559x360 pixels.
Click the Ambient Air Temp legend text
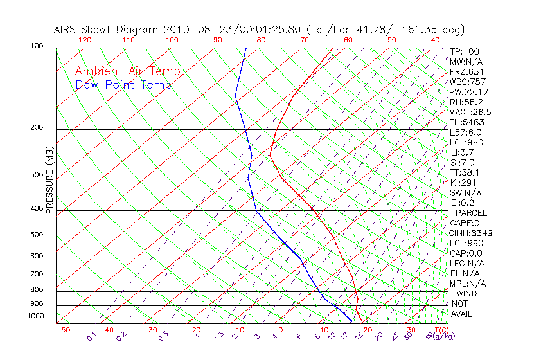tap(128, 71)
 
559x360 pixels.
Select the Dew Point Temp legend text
tap(123, 85)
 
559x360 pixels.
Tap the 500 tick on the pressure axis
tap(37, 235)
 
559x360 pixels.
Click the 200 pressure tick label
tap(37, 127)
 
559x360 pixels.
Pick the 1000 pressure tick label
tap(35, 316)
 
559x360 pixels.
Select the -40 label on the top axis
tap(432, 40)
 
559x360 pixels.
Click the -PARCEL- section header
tap(471, 213)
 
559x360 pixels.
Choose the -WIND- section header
tap(467, 293)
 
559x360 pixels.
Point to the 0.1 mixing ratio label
tap(91, 336)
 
